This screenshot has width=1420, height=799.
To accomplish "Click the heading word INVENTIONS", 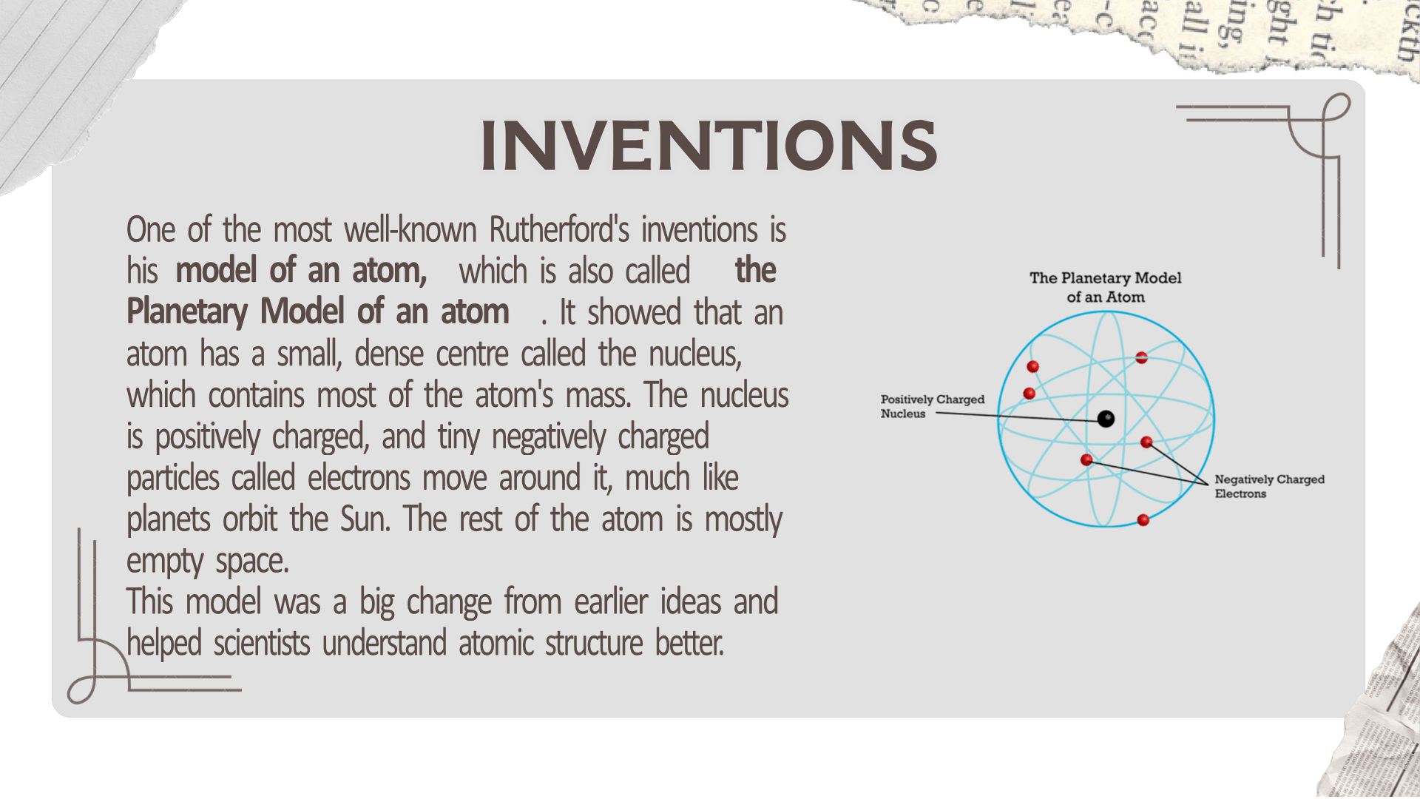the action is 709,145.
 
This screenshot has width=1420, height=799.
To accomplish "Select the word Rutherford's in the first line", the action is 559,230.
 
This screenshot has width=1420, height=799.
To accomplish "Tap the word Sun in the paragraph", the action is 364,519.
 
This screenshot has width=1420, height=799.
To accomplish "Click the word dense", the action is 394,354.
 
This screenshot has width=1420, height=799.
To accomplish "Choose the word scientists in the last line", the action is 262,644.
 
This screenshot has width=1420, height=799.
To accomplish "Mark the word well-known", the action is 410,230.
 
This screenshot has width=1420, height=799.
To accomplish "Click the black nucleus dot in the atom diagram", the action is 1106,419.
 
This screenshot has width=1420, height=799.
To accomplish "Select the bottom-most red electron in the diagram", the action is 1143,520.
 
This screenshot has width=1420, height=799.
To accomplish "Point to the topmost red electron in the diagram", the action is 1141,358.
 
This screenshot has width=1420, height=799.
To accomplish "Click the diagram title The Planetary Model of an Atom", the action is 1106,287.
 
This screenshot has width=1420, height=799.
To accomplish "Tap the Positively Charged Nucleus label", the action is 932,406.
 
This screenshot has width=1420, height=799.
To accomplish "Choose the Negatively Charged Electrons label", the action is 1269,486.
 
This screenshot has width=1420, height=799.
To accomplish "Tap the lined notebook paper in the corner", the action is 67,74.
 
